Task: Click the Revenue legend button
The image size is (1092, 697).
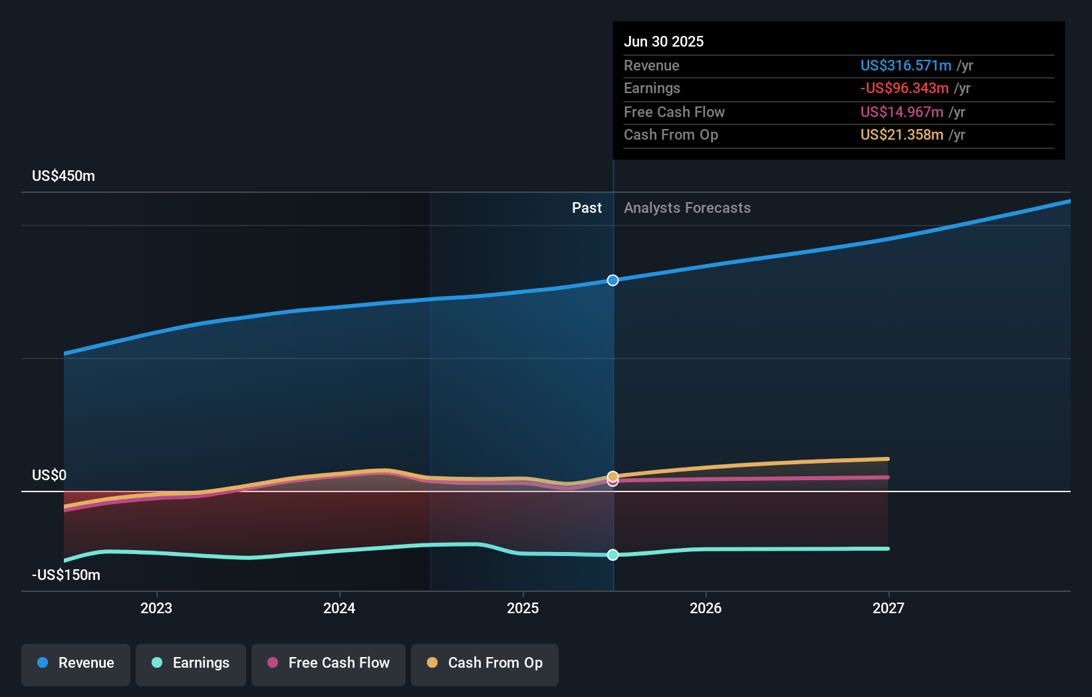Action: coord(76,663)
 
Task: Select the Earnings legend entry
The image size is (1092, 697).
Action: coord(191,663)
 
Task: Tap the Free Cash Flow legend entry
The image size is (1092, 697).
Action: coord(329,663)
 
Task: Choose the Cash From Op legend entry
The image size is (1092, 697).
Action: coord(485,663)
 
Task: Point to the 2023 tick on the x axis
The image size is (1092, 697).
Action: coord(156,608)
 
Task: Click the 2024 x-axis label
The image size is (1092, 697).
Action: coord(339,608)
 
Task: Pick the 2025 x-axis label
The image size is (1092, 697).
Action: coord(523,608)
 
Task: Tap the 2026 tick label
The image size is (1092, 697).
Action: coord(706,608)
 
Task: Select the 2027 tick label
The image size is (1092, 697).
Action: coord(888,608)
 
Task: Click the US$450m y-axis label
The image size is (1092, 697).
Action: coord(63,176)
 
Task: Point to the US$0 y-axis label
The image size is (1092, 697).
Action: coord(49,475)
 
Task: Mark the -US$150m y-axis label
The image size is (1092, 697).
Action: coord(66,575)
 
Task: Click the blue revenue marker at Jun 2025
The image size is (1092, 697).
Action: coord(613,281)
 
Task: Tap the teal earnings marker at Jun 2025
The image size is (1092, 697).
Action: coord(613,555)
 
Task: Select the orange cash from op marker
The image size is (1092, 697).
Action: coord(613,476)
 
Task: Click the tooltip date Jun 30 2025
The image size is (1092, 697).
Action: coord(664,41)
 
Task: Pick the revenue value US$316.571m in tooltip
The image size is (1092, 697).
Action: coord(906,65)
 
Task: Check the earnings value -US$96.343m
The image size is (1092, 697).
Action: coord(904,88)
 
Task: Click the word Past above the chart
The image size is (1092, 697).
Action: coord(587,208)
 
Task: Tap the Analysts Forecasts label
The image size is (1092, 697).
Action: coord(687,208)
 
